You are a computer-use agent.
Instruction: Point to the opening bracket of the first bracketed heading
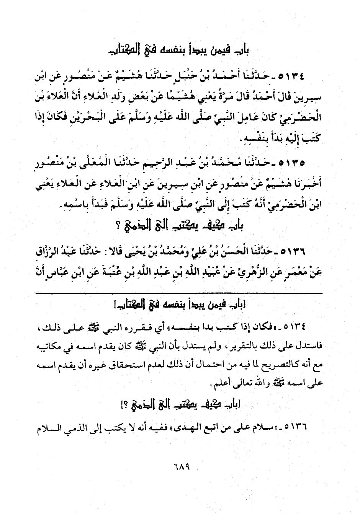click(244, 305)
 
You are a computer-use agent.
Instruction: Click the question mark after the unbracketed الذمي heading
click(117, 227)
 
